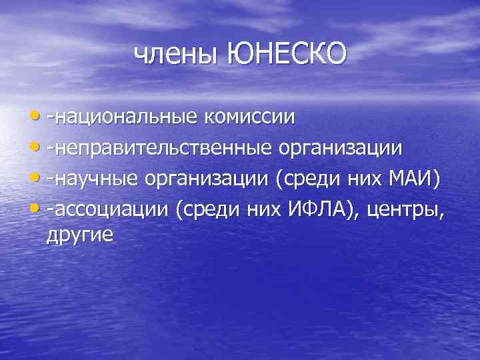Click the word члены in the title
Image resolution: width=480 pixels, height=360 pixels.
(x=176, y=53)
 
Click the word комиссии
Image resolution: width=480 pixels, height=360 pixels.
(x=250, y=117)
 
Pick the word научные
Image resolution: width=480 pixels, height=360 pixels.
(x=99, y=178)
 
